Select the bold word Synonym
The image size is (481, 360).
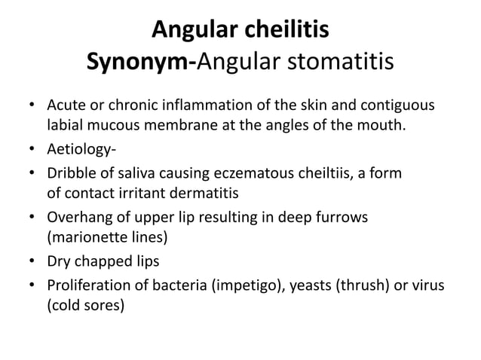(x=139, y=64)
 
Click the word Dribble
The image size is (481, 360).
(x=72, y=174)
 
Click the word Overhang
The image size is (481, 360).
(x=78, y=218)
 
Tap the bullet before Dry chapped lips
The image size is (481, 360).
(x=32, y=263)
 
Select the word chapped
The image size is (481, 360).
(x=119, y=263)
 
